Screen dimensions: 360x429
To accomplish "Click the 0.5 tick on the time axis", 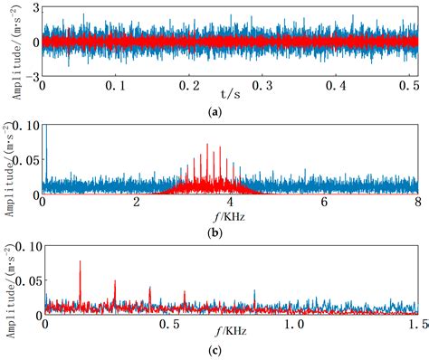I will [410, 85].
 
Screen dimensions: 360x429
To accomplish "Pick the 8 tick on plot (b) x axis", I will [417, 204].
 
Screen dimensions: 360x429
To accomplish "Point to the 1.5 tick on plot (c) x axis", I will [416, 323].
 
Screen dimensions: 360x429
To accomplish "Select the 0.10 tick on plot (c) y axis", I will [26, 247].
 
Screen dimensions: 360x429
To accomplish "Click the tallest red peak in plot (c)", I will [81, 262].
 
